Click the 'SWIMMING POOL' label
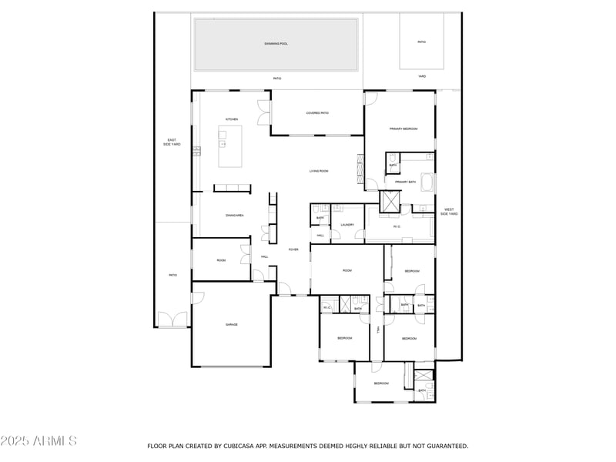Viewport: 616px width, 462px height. (276, 44)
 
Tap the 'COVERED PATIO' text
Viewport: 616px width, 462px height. (317, 113)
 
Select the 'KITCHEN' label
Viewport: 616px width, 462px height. (231, 119)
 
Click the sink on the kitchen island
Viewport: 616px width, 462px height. (223, 143)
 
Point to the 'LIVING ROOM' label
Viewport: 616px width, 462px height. (319, 171)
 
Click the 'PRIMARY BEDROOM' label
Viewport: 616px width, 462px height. (403, 129)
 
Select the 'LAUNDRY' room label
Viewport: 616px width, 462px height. (347, 225)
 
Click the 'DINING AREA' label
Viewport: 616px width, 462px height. (235, 215)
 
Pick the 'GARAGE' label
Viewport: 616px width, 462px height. (231, 325)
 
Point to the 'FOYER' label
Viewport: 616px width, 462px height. (293, 249)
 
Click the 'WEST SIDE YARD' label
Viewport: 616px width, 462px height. (448, 212)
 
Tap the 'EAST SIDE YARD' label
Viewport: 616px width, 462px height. (172, 142)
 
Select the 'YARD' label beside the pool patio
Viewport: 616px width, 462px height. (421, 77)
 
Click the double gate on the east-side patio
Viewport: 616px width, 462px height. (172, 320)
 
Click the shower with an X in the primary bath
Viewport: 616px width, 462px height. (391, 200)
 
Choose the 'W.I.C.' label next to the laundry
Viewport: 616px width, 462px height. (397, 226)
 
